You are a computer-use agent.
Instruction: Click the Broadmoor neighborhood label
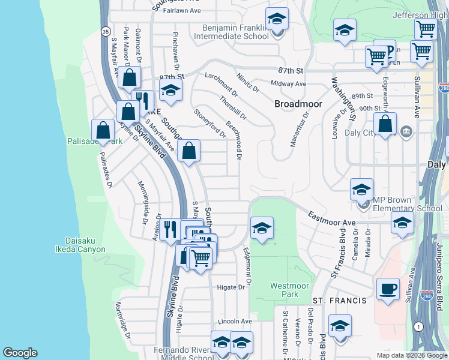click(298, 104)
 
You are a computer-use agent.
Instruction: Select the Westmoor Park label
click(285, 290)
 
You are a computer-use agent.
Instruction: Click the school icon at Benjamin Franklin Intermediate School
click(277, 20)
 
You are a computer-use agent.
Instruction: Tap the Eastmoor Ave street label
click(333, 219)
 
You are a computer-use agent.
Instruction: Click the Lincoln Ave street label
click(235, 322)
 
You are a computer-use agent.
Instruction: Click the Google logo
click(20, 353)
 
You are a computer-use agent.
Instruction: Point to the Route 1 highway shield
click(418, 326)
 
